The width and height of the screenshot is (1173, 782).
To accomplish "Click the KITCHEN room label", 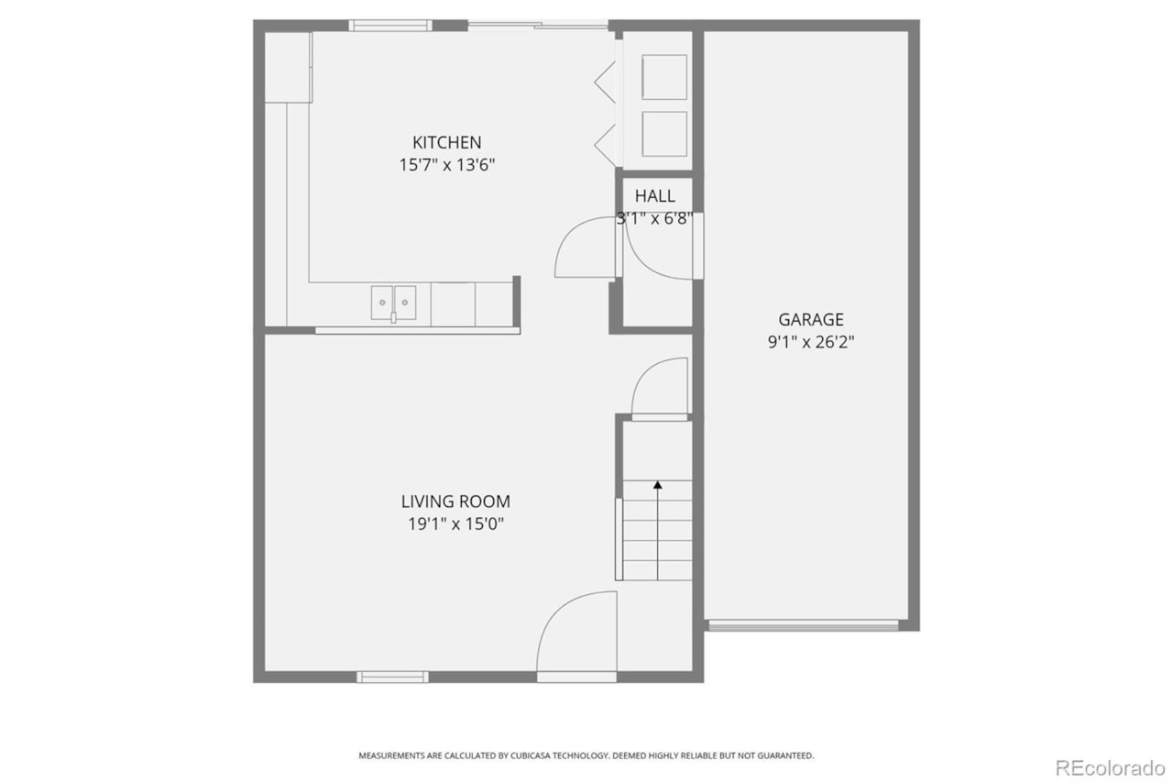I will tap(446, 143).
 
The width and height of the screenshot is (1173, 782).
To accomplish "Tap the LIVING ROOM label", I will tap(455, 502).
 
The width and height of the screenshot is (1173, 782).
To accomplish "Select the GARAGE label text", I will tap(811, 320).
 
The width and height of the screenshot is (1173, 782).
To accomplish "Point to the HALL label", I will tap(654, 196).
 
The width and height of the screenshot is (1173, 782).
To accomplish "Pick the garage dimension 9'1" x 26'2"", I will tap(811, 343).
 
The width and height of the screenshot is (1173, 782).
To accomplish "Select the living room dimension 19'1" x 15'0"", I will tap(455, 525).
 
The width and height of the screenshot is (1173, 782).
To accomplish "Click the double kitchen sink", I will tap(393, 302).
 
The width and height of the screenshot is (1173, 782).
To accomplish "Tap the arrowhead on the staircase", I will tap(657, 485).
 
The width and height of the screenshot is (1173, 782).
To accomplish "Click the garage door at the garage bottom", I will tap(803, 626).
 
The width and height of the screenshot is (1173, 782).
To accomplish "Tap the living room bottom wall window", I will tap(392, 677).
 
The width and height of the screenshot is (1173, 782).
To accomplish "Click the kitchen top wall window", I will tap(390, 26).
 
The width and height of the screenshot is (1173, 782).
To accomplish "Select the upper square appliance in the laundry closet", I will tap(664, 77).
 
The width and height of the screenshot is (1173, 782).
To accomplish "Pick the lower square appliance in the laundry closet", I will tap(664, 134).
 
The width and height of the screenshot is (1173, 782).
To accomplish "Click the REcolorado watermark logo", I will tap(1110, 766).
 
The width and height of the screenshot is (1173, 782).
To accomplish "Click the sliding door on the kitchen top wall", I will tap(538, 25).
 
